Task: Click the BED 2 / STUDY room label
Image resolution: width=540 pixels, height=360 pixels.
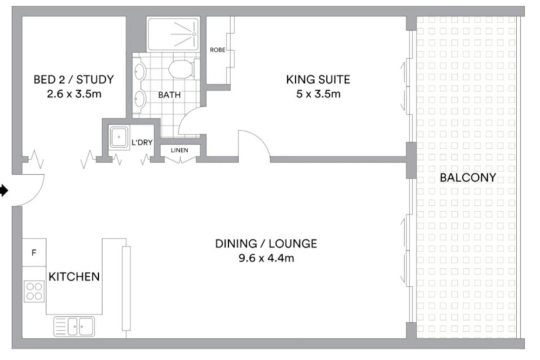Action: point(73,80)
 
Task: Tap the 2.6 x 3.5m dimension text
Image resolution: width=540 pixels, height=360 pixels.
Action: point(74,94)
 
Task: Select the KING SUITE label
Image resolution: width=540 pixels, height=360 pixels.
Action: point(318,80)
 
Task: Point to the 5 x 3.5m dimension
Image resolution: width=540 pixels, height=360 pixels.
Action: point(318,94)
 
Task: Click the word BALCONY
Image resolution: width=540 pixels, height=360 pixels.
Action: point(468,178)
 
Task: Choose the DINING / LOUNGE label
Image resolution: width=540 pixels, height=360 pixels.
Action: point(266,244)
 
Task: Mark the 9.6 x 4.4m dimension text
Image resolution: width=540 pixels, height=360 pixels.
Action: point(266,258)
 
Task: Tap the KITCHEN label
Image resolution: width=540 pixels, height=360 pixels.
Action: point(74,276)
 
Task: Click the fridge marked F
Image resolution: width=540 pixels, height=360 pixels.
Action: point(34,252)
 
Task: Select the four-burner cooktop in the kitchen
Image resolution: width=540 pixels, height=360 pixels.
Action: point(34,291)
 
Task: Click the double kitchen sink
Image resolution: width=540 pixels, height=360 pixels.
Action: point(74,327)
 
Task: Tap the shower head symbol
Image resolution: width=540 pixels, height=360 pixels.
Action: point(194,34)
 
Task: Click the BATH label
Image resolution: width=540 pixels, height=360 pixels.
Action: point(169,95)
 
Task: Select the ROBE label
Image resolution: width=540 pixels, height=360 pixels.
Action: point(217,50)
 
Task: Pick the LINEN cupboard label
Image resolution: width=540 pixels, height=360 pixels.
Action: point(180,150)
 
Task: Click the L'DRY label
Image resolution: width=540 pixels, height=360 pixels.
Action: point(142,143)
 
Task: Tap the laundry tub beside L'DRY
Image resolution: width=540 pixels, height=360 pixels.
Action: point(119,137)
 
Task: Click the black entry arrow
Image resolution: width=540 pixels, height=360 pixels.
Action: point(4,190)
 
